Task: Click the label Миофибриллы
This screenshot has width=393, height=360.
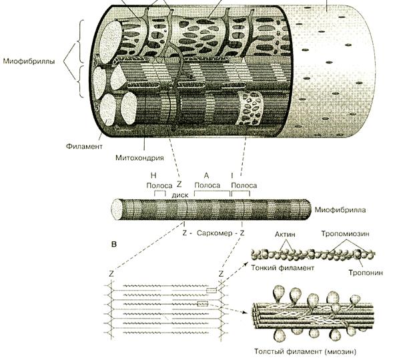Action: pyautogui.click(x=29, y=61)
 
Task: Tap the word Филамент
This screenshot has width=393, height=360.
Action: pyautogui.click(x=84, y=146)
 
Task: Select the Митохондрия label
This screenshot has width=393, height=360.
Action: pyautogui.click(x=139, y=158)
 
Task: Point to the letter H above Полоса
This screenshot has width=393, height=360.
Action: pyautogui.click(x=153, y=175)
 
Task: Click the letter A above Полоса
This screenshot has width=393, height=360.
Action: pyautogui.click(x=206, y=175)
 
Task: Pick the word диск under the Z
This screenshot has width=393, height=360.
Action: pyautogui.click(x=180, y=195)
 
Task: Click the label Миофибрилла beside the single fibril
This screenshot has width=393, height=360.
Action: pyautogui.click(x=340, y=210)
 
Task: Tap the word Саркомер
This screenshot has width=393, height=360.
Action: pyautogui.click(x=215, y=233)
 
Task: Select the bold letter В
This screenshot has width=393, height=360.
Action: pyautogui.click(x=114, y=244)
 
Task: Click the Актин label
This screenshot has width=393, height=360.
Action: pyautogui.click(x=285, y=235)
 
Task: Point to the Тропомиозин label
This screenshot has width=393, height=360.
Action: pyautogui.click(x=346, y=234)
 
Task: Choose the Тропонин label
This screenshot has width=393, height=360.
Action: pyautogui.click(x=366, y=273)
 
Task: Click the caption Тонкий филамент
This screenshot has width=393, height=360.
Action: pyautogui.click(x=282, y=268)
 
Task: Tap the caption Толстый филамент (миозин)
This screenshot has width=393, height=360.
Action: pyautogui.click(x=305, y=351)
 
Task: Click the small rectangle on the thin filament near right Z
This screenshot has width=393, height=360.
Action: pyautogui.click(x=212, y=291)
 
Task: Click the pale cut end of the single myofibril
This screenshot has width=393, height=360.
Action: pyautogui.click(x=117, y=209)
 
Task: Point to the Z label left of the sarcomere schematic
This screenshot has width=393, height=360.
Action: pyautogui.click(x=111, y=274)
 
